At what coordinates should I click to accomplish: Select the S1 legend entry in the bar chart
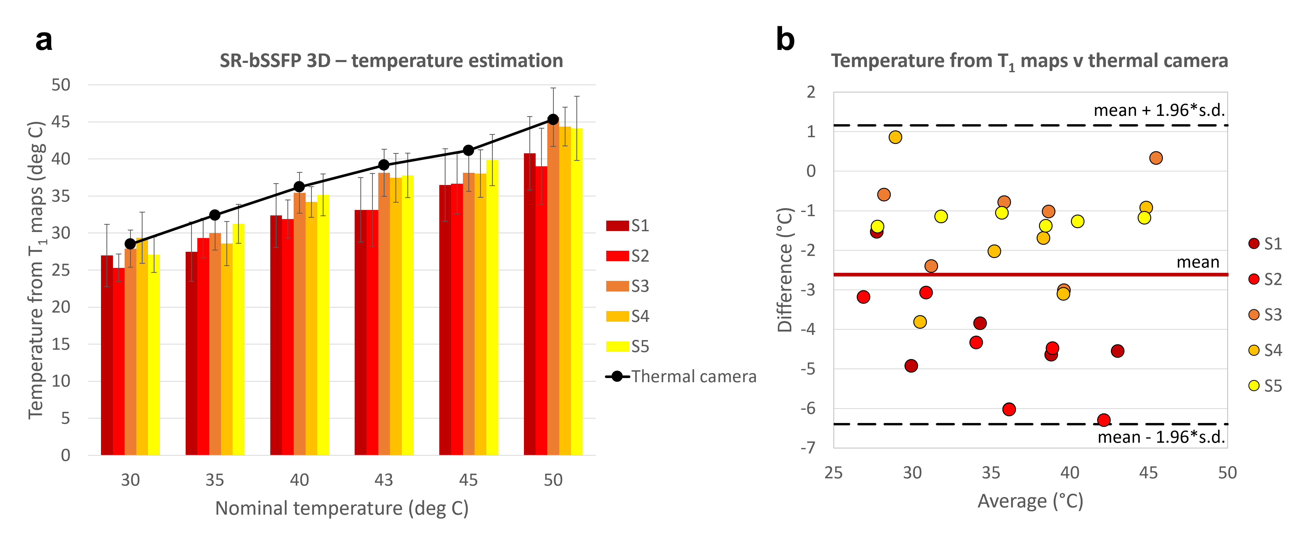(x=627, y=226)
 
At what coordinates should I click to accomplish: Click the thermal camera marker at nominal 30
(x=130, y=244)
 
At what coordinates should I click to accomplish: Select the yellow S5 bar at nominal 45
(x=492, y=307)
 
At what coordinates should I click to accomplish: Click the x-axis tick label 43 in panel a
(x=384, y=480)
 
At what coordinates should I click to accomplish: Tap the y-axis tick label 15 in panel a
(x=61, y=344)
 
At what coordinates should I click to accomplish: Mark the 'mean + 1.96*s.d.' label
(x=1159, y=110)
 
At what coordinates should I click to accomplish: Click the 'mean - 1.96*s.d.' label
(x=1161, y=437)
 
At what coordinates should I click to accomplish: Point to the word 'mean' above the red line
(x=1198, y=262)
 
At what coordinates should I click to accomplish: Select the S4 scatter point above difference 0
(x=895, y=137)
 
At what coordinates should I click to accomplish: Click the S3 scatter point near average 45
(x=1156, y=158)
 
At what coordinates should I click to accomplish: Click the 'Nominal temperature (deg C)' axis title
(x=341, y=508)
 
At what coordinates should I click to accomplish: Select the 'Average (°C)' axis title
(x=1030, y=501)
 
